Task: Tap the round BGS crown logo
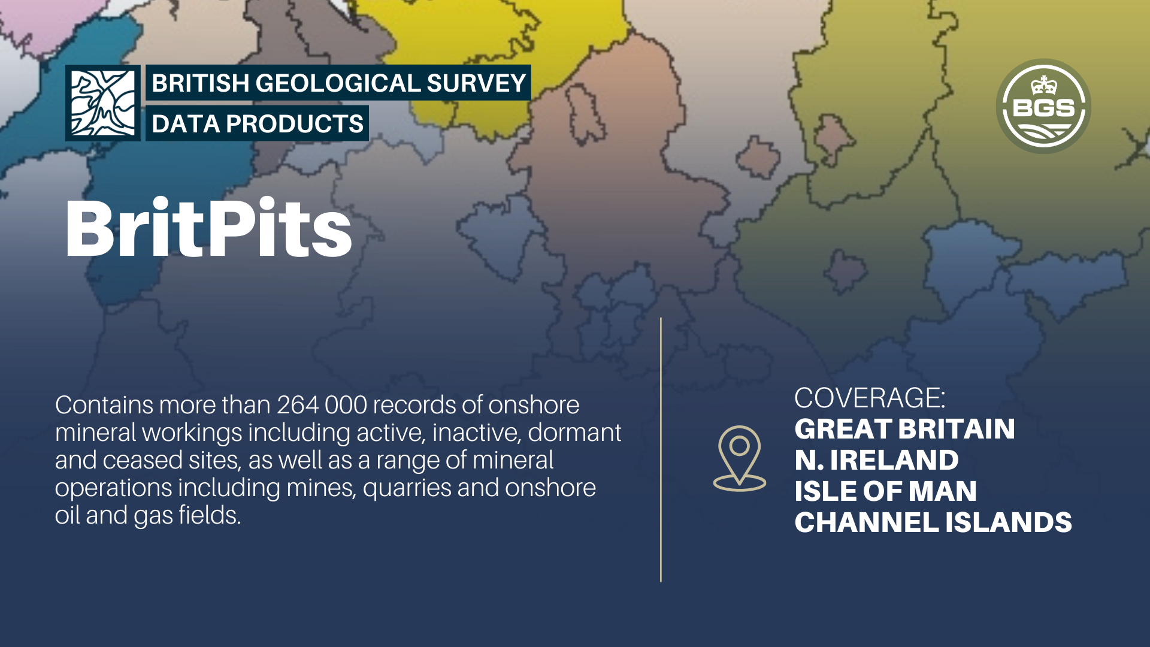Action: tap(1043, 106)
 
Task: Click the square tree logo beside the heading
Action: tap(103, 103)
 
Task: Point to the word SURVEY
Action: tap(476, 83)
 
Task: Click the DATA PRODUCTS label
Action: tap(258, 124)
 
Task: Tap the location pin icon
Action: tap(740, 458)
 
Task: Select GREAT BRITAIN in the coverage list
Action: tap(904, 429)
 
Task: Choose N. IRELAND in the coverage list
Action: tap(876, 460)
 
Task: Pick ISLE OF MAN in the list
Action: tap(885, 491)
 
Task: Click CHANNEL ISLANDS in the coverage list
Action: tap(933, 522)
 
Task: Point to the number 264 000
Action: tap(322, 405)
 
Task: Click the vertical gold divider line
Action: tap(661, 449)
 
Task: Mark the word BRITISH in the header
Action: tap(201, 83)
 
